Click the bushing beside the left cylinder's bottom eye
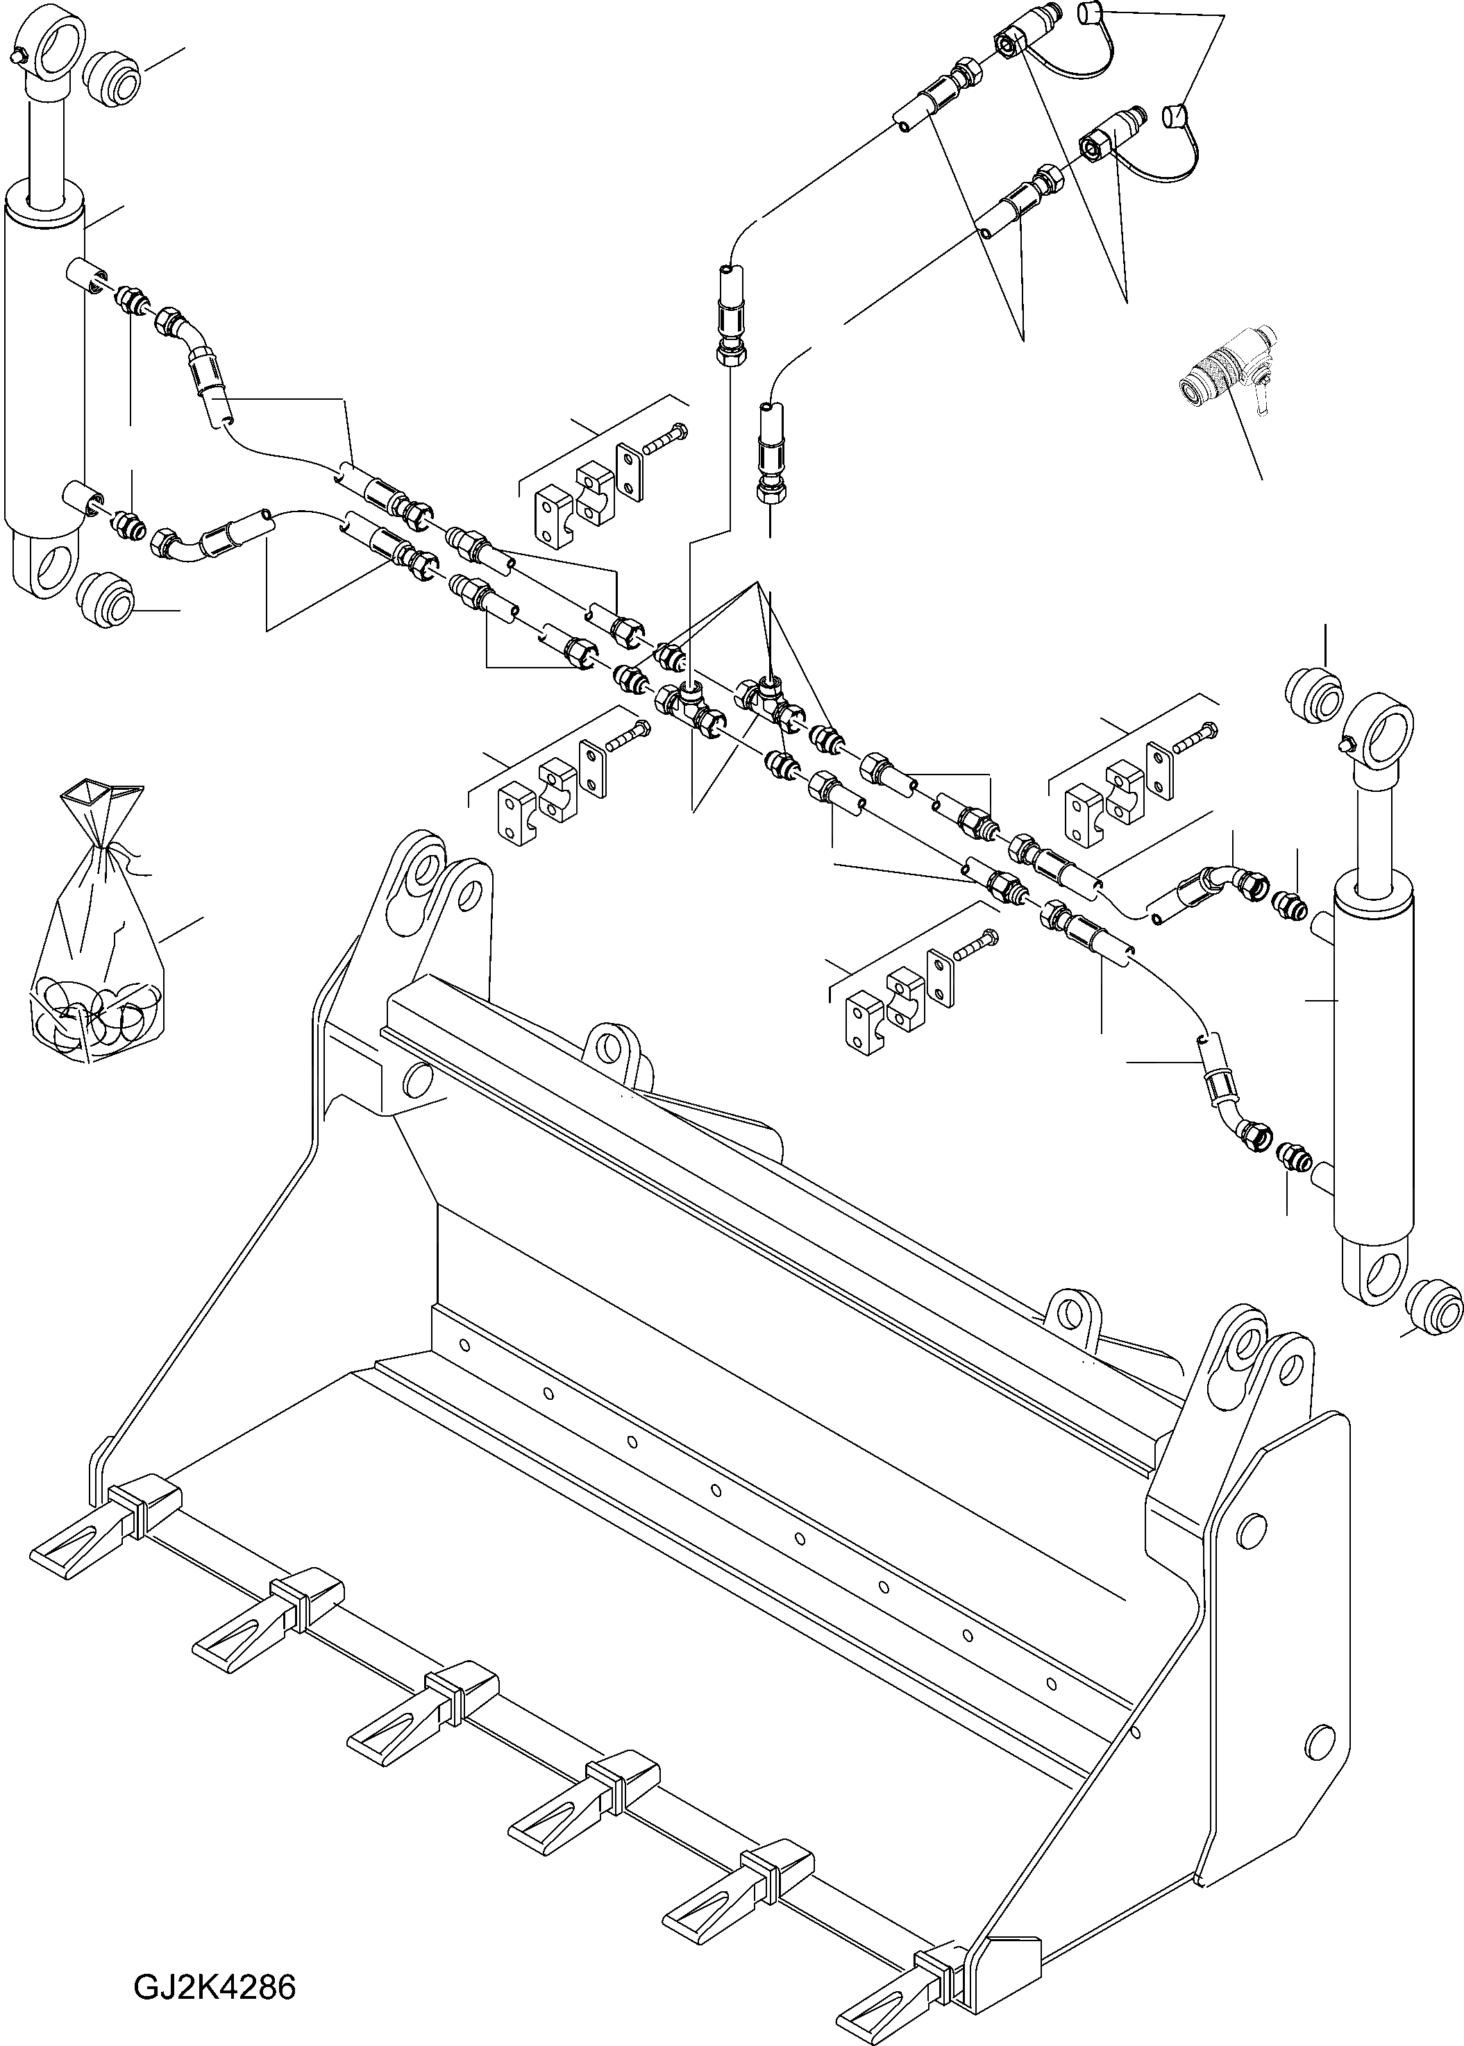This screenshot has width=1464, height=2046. pos(106,600)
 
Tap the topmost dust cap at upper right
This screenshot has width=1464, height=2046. pos(1089,12)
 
